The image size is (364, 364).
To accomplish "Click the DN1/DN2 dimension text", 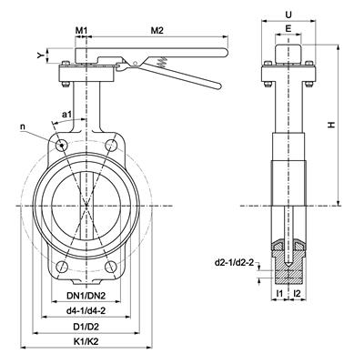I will (x=87, y=296).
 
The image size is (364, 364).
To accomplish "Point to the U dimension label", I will (x=288, y=15).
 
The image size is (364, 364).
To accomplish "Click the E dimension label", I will (x=288, y=30).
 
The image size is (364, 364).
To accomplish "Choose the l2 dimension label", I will (x=297, y=296).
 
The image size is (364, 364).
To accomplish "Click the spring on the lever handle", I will (x=161, y=64).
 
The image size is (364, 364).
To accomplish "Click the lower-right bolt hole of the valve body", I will (x=113, y=267).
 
